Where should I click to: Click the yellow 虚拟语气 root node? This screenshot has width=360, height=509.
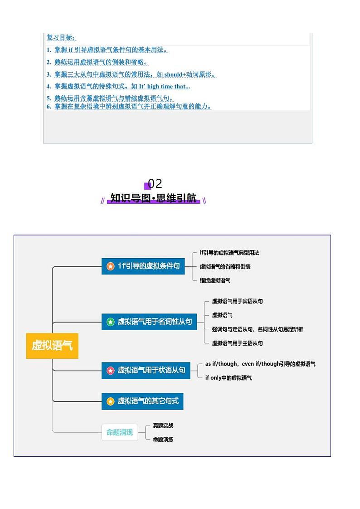[x=52, y=346]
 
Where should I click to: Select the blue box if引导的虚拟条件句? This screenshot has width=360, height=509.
[x=143, y=266]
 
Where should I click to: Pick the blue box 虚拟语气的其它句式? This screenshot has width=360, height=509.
[x=142, y=401]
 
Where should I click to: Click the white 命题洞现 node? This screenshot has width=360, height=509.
[x=120, y=432]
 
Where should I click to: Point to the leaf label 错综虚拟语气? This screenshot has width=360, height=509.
[x=215, y=280]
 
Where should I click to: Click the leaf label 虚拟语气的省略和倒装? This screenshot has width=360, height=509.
[x=225, y=266]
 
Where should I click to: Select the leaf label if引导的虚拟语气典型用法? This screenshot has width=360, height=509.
[x=229, y=253]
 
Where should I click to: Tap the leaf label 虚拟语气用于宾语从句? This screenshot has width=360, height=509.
[x=237, y=301]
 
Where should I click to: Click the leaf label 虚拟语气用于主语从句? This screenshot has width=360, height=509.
[x=237, y=343]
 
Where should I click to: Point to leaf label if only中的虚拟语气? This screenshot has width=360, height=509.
[x=228, y=377]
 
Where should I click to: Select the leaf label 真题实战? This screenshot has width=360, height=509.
[x=163, y=426]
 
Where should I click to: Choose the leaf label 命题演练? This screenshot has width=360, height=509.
[x=163, y=439]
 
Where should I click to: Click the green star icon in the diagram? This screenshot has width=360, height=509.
[x=110, y=322]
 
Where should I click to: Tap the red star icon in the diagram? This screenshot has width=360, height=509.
[x=110, y=371]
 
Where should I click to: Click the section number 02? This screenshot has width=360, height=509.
[x=155, y=184]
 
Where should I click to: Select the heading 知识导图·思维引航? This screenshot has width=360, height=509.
[x=153, y=198]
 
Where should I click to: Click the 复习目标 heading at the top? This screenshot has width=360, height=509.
[x=61, y=37]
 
